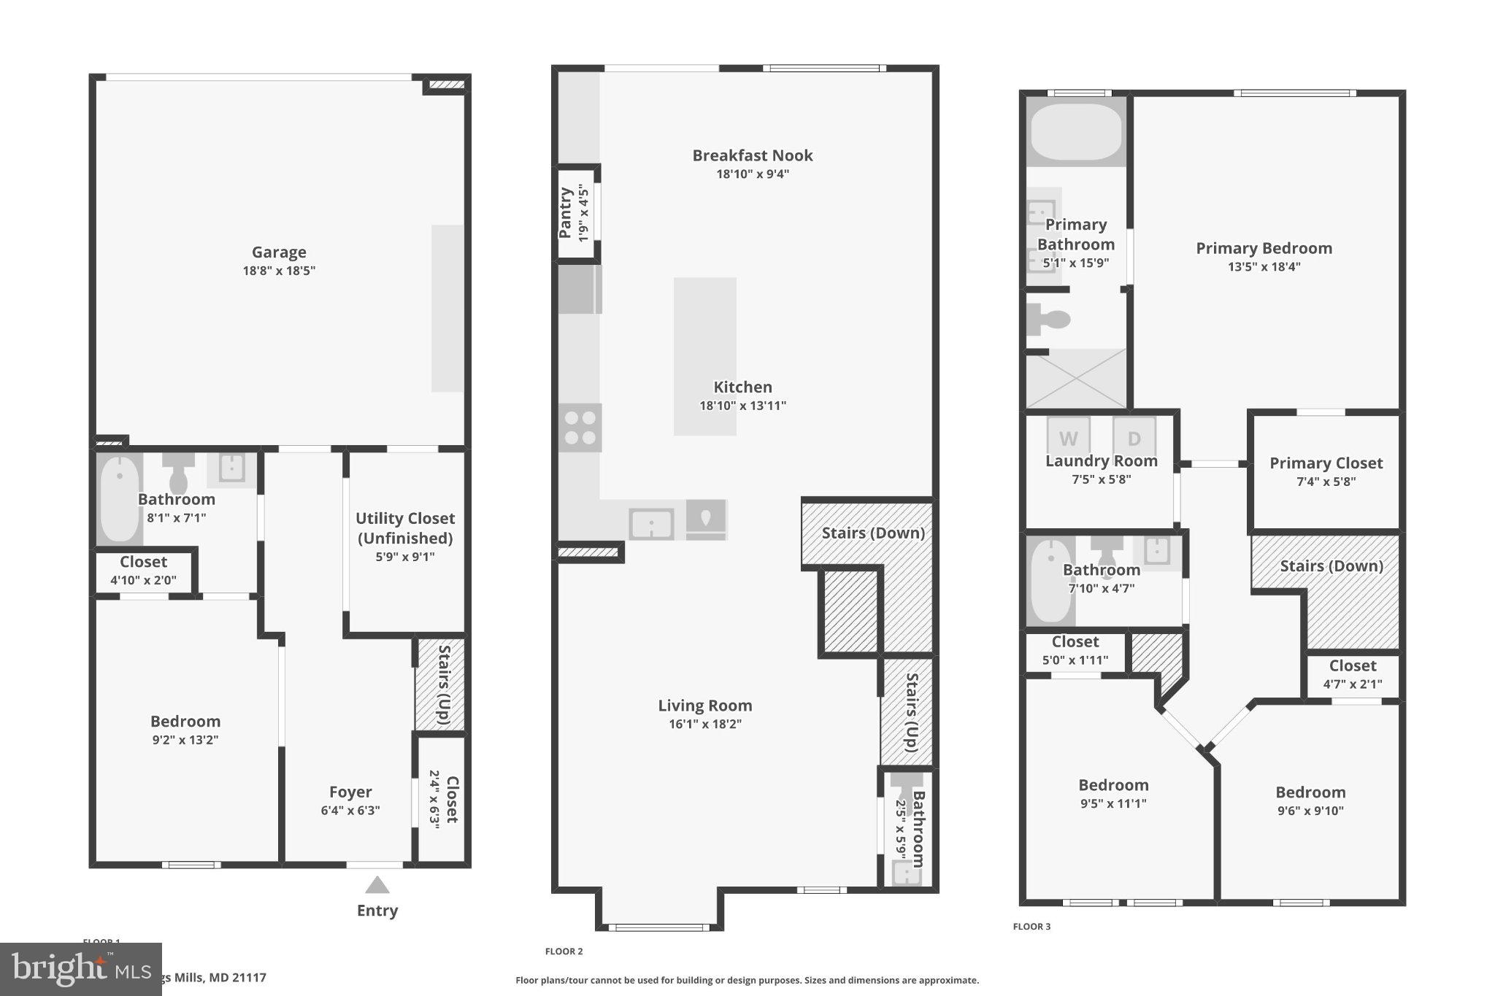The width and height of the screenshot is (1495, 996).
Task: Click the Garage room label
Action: coord(279,252)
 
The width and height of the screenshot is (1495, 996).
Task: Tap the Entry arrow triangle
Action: coord(377,885)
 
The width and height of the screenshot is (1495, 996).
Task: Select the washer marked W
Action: coord(1068,437)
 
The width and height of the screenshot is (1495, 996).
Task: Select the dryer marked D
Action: coord(1134,437)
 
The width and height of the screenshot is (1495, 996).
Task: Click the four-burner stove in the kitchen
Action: coord(580,428)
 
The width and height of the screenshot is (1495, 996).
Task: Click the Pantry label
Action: coord(566,212)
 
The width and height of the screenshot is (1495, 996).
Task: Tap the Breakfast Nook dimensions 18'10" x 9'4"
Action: coord(753,174)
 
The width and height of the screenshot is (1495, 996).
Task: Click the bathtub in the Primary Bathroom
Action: coord(1076,132)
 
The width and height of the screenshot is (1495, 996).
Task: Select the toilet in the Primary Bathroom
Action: coord(1048,319)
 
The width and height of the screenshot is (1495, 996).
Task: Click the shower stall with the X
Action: coord(1076,378)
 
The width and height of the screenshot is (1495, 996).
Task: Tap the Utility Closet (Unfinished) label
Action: coord(405,528)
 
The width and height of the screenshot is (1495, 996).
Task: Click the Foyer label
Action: coord(350,792)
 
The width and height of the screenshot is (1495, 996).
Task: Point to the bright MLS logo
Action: coord(80,968)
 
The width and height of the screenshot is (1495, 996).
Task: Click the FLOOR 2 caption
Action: coord(564,951)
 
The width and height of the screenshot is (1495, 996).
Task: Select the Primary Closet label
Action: coord(1326,463)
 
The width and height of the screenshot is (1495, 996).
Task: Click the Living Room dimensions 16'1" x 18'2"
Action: coord(704,725)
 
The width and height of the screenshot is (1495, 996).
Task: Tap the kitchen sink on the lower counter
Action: coord(651,524)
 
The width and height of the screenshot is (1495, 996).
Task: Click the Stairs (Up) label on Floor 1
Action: coord(442,684)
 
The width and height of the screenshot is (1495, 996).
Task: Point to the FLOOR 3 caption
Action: coord(1031,927)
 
